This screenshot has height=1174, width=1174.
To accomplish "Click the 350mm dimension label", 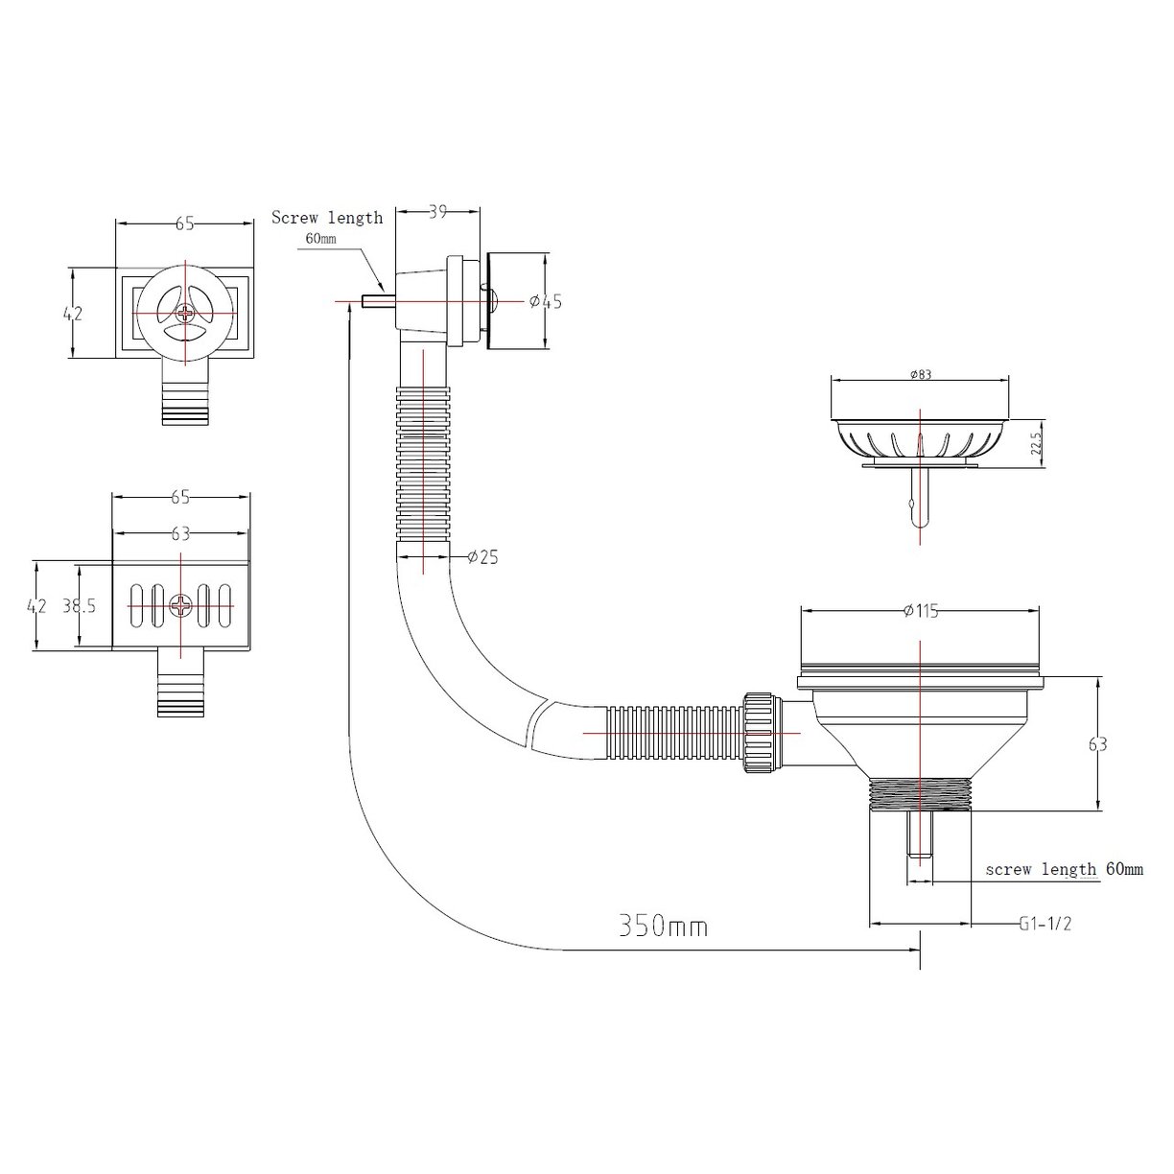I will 663,926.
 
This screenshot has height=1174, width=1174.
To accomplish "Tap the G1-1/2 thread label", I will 1045,924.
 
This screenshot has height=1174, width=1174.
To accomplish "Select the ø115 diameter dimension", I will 920,612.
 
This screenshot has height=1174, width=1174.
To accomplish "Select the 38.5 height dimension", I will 79,606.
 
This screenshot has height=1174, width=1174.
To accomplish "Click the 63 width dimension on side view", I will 181,533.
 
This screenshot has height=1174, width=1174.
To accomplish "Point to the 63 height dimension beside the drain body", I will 1098,744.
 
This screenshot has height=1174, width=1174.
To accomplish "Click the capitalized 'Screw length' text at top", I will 327,218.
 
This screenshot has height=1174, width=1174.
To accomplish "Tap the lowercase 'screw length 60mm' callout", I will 1064,870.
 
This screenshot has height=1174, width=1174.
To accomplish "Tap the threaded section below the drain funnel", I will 920,794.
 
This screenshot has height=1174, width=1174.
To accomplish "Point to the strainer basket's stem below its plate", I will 919,499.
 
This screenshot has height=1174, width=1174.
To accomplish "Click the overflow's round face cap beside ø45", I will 505,300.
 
